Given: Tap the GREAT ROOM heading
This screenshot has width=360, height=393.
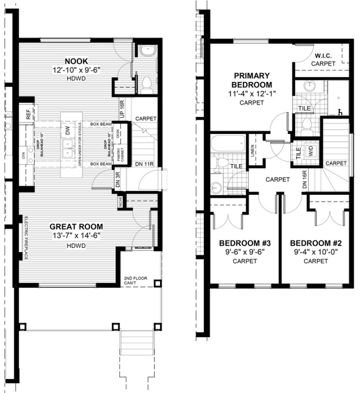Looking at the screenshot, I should coord(77,227).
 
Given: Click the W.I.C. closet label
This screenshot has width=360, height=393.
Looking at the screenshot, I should coord(324,55).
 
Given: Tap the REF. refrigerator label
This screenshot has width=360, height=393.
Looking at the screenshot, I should coord(28,114).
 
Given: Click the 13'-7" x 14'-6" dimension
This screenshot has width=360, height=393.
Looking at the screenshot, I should coord(77,236).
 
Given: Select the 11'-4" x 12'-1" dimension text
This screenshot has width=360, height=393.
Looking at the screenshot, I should coord(252,94).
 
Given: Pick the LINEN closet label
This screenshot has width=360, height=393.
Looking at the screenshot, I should coord(253,150).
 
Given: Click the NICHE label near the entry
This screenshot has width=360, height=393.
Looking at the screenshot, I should coord(120,202).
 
